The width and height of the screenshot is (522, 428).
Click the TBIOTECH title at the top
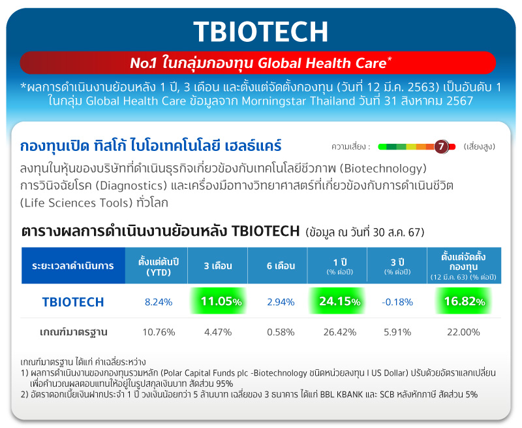coord(260,31)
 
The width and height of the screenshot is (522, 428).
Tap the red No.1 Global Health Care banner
coord(258,63)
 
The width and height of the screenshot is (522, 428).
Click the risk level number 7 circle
coord(441,146)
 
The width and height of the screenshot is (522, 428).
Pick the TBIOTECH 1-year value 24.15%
coord(340,301)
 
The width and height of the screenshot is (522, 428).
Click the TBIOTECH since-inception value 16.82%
coord(465,301)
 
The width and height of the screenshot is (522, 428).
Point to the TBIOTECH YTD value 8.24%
coord(159,302)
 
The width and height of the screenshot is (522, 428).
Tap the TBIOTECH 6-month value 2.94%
coord(281,302)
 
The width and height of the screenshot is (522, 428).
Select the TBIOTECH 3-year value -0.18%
coord(397,302)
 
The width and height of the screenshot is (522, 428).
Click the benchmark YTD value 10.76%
coord(159,332)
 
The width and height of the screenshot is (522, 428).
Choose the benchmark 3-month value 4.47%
coord(218,332)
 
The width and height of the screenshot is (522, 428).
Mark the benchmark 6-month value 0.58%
coord(281,332)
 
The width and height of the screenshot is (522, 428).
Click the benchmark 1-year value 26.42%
coord(340,332)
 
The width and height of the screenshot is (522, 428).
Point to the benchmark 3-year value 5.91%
coord(397,332)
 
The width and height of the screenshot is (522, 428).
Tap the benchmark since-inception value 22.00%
coord(463,332)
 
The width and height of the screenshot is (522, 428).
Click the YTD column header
coord(159,267)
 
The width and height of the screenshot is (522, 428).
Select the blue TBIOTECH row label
coord(73,302)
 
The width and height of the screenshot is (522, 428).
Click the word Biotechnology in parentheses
coord(385,169)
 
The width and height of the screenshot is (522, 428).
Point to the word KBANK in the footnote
coord(349,394)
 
